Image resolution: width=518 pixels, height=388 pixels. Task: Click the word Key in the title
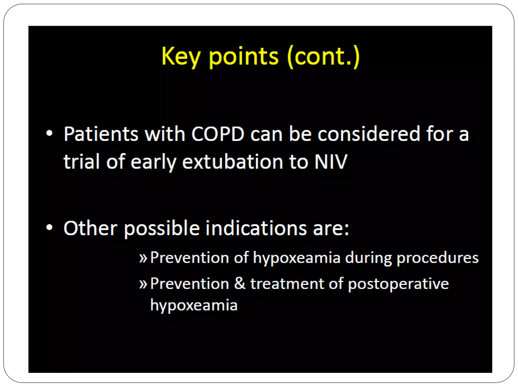(x=181, y=57)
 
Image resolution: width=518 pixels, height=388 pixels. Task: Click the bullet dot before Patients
(x=49, y=134)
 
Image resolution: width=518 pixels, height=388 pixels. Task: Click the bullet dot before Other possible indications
(x=49, y=228)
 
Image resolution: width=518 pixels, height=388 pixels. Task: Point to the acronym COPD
(x=218, y=134)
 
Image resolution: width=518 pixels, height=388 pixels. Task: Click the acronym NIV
(x=331, y=161)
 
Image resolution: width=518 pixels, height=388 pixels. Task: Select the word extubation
(x=232, y=161)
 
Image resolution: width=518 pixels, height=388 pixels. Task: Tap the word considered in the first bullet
(x=369, y=134)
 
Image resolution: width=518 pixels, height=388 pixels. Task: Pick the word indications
(x=256, y=228)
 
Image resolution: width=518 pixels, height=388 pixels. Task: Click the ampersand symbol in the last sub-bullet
(x=240, y=283)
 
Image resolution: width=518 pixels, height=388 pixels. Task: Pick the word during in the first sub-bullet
(x=368, y=258)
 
